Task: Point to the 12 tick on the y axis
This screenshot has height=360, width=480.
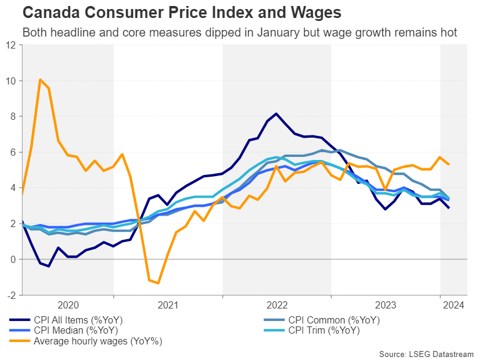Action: click(x=12, y=44)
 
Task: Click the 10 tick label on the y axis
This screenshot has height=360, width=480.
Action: click(x=12, y=80)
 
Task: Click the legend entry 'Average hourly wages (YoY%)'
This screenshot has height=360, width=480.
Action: click(x=93, y=341)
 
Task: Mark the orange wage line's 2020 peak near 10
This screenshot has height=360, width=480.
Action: click(x=40, y=79)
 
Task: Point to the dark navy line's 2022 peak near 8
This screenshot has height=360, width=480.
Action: click(x=276, y=113)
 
